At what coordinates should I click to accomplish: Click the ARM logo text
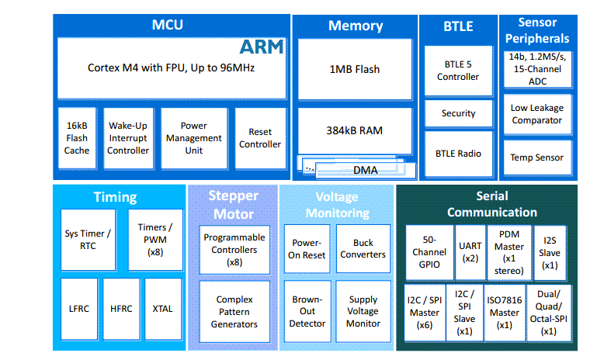[262, 47]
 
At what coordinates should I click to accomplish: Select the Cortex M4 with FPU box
[171, 67]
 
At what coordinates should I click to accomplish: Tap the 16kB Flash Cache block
[77, 138]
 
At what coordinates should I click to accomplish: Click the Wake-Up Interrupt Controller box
[128, 138]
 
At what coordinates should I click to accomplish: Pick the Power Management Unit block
[193, 138]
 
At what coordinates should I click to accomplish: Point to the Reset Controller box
[260, 138]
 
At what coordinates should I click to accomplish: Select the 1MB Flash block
[355, 69]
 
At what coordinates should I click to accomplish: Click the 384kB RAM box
[355, 130]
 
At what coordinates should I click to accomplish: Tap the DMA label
[365, 169]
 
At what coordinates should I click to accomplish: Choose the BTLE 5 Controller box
[458, 71]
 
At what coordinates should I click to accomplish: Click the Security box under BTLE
[458, 113]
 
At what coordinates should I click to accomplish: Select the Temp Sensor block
[537, 157]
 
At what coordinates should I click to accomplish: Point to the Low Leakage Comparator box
[537, 114]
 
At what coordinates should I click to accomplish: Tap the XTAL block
[163, 309]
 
